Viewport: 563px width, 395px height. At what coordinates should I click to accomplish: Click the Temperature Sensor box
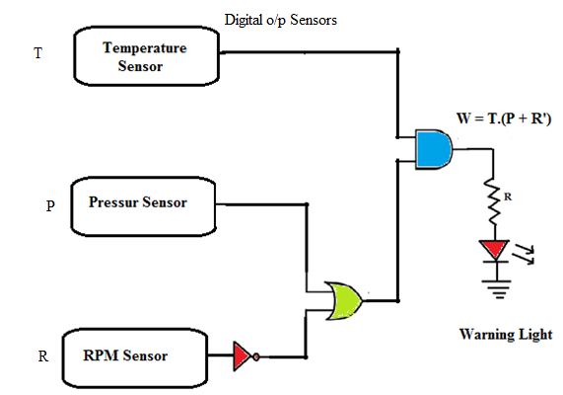coord(144,56)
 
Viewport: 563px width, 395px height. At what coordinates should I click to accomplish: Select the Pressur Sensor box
coord(144,204)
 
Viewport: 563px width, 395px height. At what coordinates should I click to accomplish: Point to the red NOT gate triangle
coord(243,355)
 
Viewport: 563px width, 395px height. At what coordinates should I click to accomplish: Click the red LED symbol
coord(490,249)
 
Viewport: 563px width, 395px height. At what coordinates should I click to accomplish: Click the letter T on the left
coord(38,53)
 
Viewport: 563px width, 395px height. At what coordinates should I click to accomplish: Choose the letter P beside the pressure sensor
coord(50,207)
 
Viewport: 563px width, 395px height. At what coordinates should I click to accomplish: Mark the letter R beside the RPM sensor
coord(43,356)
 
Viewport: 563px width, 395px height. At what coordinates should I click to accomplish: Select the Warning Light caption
coord(506,334)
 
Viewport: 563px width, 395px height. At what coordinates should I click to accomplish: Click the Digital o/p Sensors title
coord(281,19)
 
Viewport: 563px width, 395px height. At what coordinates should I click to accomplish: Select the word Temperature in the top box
coord(144,47)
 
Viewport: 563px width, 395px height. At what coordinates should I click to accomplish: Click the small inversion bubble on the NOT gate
coord(256,355)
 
